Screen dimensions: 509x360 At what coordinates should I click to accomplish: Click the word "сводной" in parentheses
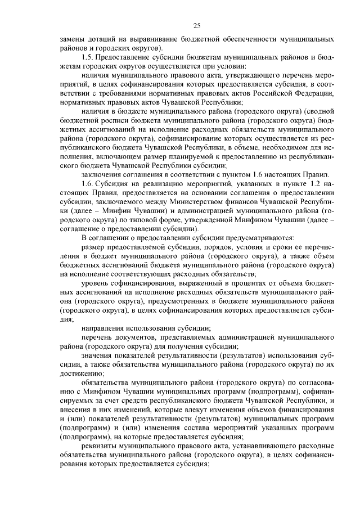coord(321,111)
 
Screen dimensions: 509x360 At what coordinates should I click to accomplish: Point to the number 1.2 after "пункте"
coord(305,183)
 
